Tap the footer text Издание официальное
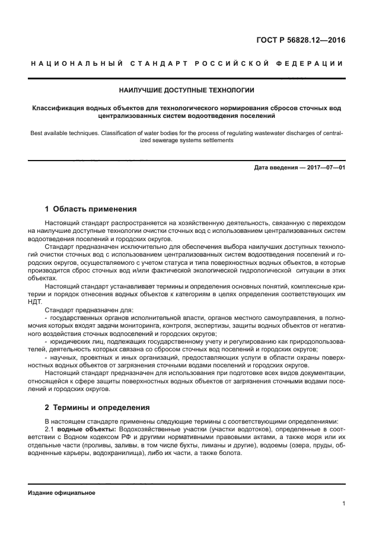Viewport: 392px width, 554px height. (61, 492)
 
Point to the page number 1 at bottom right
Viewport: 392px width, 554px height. (343, 504)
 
